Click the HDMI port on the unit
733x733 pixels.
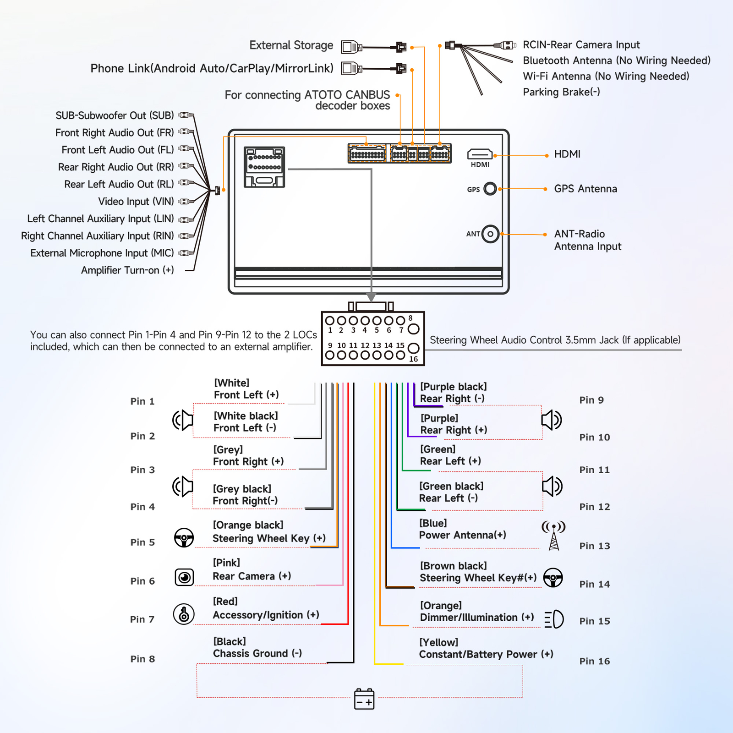pyautogui.click(x=480, y=154)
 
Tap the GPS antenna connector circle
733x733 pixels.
pyautogui.click(x=490, y=189)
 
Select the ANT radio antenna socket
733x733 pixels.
pyautogui.click(x=490, y=234)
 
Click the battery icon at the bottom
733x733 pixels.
pyautogui.click(x=364, y=699)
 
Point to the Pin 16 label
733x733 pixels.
pyautogui.click(x=595, y=661)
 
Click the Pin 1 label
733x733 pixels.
pyautogui.click(x=142, y=401)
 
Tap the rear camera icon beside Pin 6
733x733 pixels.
pyautogui.click(x=184, y=577)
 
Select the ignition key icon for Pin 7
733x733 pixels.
pyautogui.click(x=184, y=614)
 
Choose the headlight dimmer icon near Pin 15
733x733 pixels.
pyautogui.click(x=554, y=619)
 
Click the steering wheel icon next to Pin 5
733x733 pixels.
pyautogui.click(x=184, y=538)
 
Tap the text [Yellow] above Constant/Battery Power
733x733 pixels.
pyautogui.click(x=439, y=642)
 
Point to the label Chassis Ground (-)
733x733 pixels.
pyautogui.click(x=257, y=654)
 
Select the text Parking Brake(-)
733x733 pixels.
pyautogui.click(x=561, y=92)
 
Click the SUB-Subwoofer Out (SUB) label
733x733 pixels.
pyautogui.click(x=115, y=115)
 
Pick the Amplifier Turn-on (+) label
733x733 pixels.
pyautogui.click(x=127, y=270)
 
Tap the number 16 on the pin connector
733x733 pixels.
pyautogui.click(x=414, y=359)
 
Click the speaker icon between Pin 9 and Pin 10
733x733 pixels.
pyautogui.click(x=552, y=420)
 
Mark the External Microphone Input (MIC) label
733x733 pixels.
pyautogui.click(x=102, y=253)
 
